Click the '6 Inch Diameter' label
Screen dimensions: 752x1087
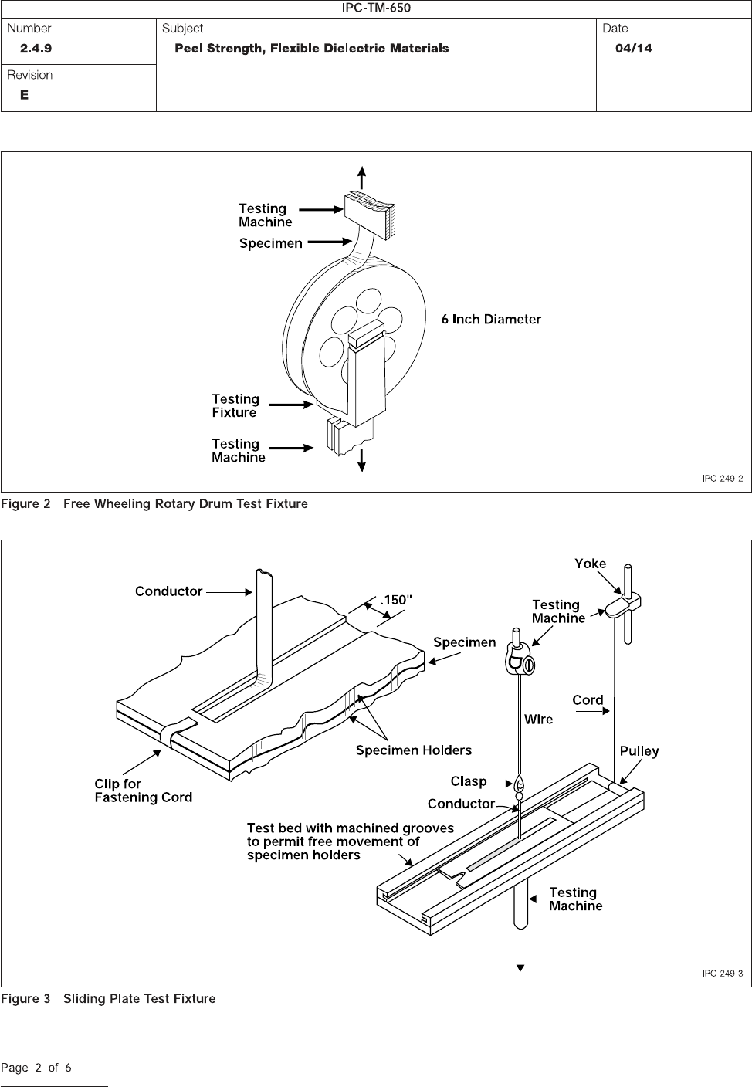(491, 320)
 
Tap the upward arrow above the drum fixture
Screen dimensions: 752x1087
(362, 178)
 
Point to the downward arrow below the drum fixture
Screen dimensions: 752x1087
(361, 460)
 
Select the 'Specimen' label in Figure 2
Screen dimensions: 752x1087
(271, 243)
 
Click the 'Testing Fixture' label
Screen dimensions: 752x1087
(235, 405)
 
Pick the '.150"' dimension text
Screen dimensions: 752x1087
(396, 600)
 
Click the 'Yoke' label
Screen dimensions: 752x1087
(591, 564)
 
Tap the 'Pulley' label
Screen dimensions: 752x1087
(639, 751)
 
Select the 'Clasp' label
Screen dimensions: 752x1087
(468, 781)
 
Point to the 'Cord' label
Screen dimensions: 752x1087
(588, 699)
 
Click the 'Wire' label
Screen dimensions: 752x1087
(539, 720)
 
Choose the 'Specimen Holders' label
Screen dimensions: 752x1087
(414, 750)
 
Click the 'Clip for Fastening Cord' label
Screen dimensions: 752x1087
(144, 791)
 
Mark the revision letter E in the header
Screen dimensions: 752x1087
(24, 95)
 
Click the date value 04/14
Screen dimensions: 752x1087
(634, 49)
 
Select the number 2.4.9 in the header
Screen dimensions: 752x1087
(36, 49)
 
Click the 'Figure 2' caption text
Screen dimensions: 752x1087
(25, 504)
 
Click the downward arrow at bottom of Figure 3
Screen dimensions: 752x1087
(520, 954)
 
